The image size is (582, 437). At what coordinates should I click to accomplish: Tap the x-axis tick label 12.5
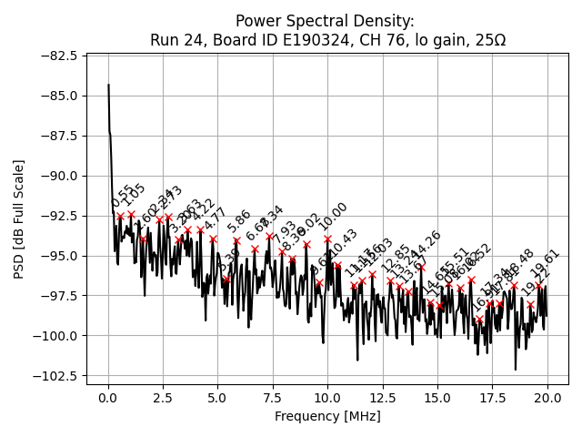click(383, 398)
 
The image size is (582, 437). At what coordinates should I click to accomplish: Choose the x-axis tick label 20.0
click(547, 398)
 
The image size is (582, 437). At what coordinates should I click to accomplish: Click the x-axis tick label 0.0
click(108, 398)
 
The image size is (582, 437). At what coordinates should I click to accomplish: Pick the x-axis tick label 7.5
click(273, 398)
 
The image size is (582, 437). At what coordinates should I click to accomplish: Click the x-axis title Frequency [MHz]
click(327, 416)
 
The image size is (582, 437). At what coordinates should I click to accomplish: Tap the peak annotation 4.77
click(215, 219)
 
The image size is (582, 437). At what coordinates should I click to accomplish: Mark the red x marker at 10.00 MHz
click(328, 239)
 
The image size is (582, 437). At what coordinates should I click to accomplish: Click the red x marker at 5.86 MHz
click(236, 241)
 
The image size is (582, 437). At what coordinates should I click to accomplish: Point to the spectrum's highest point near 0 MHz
click(108, 85)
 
